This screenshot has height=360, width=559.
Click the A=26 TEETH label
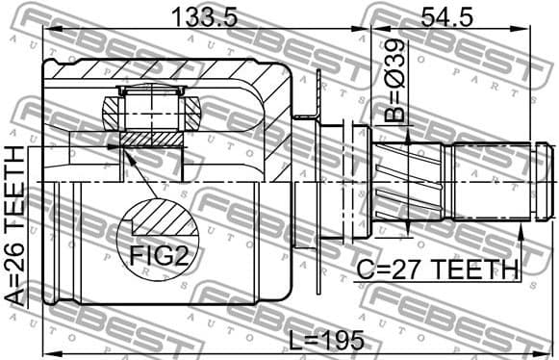pos(14,226)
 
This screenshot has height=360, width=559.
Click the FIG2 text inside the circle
pos(160,256)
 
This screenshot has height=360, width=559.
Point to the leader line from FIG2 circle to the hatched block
pos(135,173)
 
